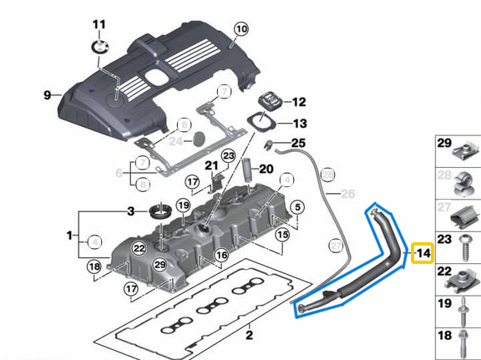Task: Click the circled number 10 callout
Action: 240,29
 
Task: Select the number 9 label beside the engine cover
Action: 47,95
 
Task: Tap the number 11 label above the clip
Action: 99,23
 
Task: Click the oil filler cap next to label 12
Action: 271,103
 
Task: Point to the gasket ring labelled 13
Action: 263,123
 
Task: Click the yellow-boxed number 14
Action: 423,252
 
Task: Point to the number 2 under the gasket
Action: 248,336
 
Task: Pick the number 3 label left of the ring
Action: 130,210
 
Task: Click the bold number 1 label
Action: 68,237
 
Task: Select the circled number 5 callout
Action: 299,206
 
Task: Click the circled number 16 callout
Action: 221,255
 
